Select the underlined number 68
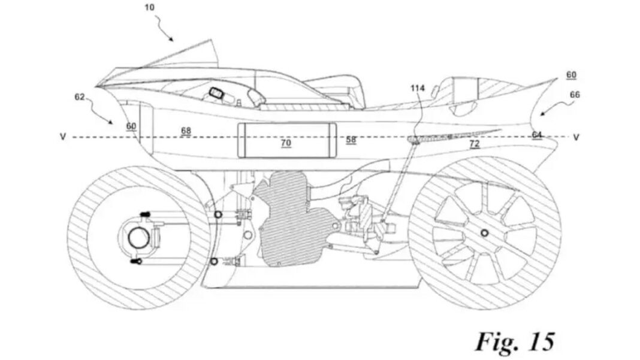coord(186,131)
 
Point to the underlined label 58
coord(351,140)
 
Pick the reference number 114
coord(418,89)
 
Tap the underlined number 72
coord(474,143)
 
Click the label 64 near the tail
coord(538,135)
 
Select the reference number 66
coord(575,95)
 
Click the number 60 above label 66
coord(571,75)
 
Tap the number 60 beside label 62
coord(131,126)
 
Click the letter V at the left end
coord(63,137)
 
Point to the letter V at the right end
coord(576,137)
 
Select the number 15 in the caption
coord(538,342)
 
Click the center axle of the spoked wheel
coord(484,233)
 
